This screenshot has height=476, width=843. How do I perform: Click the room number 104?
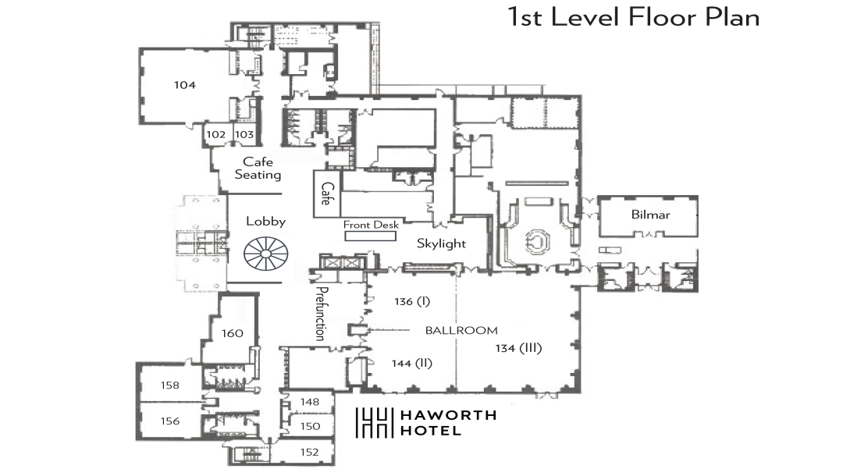tap(184, 85)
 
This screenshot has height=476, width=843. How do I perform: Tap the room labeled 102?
tap(216, 134)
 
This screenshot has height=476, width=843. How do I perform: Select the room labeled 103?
tap(244, 134)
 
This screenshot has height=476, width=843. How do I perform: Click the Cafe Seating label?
tap(258, 168)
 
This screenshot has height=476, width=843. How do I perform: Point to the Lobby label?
tap(265, 222)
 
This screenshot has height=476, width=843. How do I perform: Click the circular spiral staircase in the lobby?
tap(265, 254)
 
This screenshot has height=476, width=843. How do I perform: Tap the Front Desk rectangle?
tap(371, 236)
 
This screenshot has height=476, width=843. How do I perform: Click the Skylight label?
tap(441, 244)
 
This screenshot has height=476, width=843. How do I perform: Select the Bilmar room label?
tap(650, 215)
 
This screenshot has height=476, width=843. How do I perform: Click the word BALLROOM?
tap(461, 330)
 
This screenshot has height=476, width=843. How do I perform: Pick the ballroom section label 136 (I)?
tap(412, 301)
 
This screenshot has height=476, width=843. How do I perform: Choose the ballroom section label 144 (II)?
tap(412, 364)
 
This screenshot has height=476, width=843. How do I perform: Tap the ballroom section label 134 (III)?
tap(518, 349)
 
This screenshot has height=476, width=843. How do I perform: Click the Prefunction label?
tap(321, 314)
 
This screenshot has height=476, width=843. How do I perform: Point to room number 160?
tap(233, 334)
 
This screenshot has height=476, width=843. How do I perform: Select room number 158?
tap(170, 385)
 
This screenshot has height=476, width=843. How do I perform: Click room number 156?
tap(170, 421)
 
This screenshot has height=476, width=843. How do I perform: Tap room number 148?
tap(310, 402)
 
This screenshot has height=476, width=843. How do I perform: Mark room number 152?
tap(309, 453)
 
